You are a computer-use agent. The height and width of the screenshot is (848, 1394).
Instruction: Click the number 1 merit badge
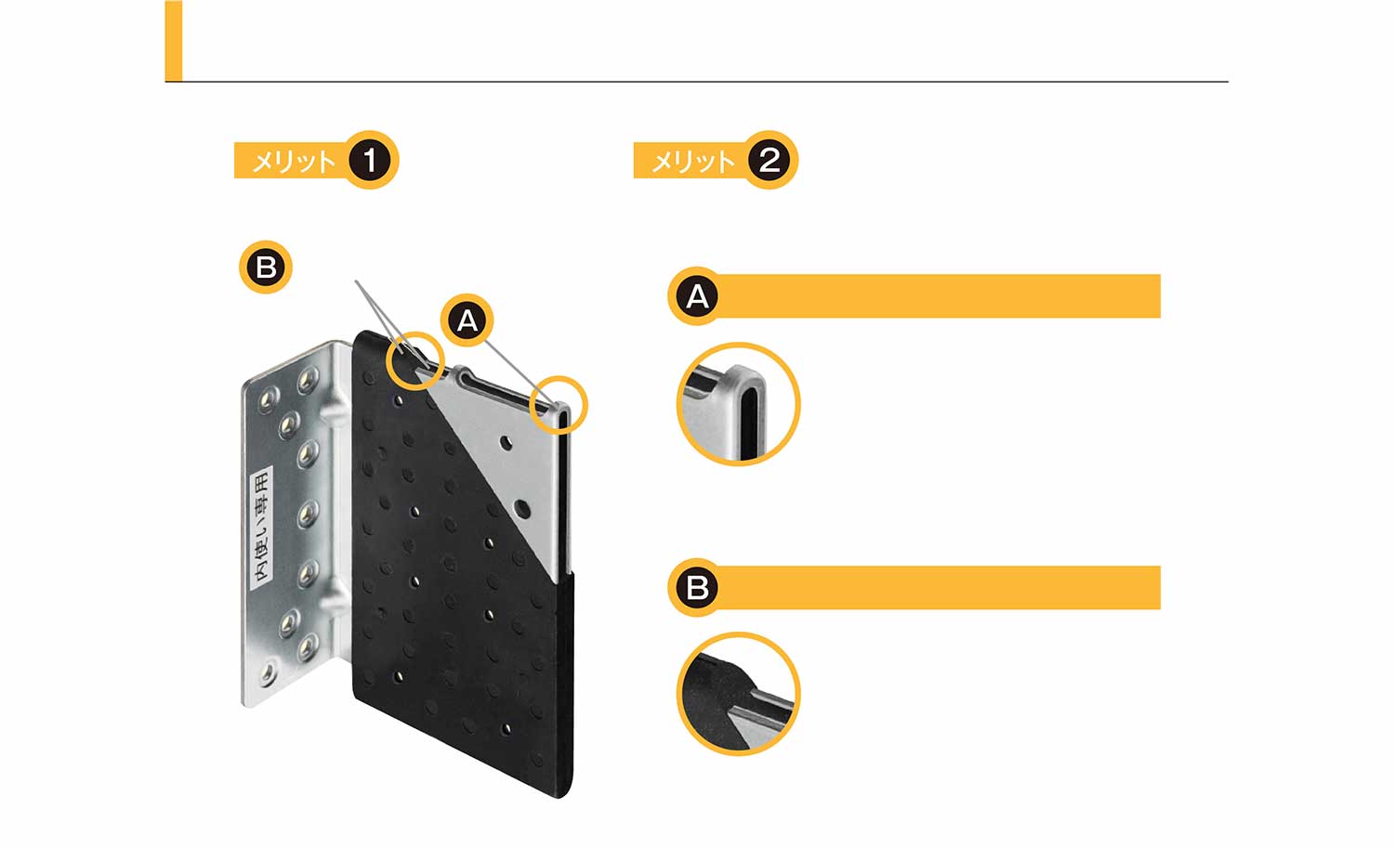[370, 160]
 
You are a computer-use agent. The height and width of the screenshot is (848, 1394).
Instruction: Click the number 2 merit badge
[769, 160]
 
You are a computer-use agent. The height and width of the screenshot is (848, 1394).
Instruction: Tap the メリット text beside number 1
[293, 162]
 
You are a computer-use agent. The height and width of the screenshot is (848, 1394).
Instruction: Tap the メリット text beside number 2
[692, 162]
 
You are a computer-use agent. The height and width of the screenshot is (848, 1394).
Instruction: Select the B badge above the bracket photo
[266, 267]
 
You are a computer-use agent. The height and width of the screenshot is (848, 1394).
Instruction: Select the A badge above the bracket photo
[467, 320]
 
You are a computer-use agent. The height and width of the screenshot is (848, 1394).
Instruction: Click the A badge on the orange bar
[696, 296]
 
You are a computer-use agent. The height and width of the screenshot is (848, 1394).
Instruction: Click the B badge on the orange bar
[696, 587]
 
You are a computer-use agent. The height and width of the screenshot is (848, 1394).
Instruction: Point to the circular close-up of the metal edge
[738, 404]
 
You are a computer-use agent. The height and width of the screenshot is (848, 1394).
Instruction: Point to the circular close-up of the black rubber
[738, 694]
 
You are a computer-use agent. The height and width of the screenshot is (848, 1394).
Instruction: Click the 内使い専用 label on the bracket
[262, 528]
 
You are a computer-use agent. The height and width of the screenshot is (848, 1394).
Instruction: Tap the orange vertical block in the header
[174, 41]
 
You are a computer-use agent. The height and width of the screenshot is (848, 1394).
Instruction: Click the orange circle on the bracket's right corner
[559, 405]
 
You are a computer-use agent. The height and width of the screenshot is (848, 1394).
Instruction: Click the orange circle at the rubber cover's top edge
[415, 361]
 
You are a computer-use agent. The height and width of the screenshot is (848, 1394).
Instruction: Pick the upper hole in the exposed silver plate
[506, 443]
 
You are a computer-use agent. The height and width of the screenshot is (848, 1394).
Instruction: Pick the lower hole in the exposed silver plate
[522, 510]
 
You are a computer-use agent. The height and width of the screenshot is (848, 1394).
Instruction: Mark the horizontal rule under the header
[696, 82]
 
